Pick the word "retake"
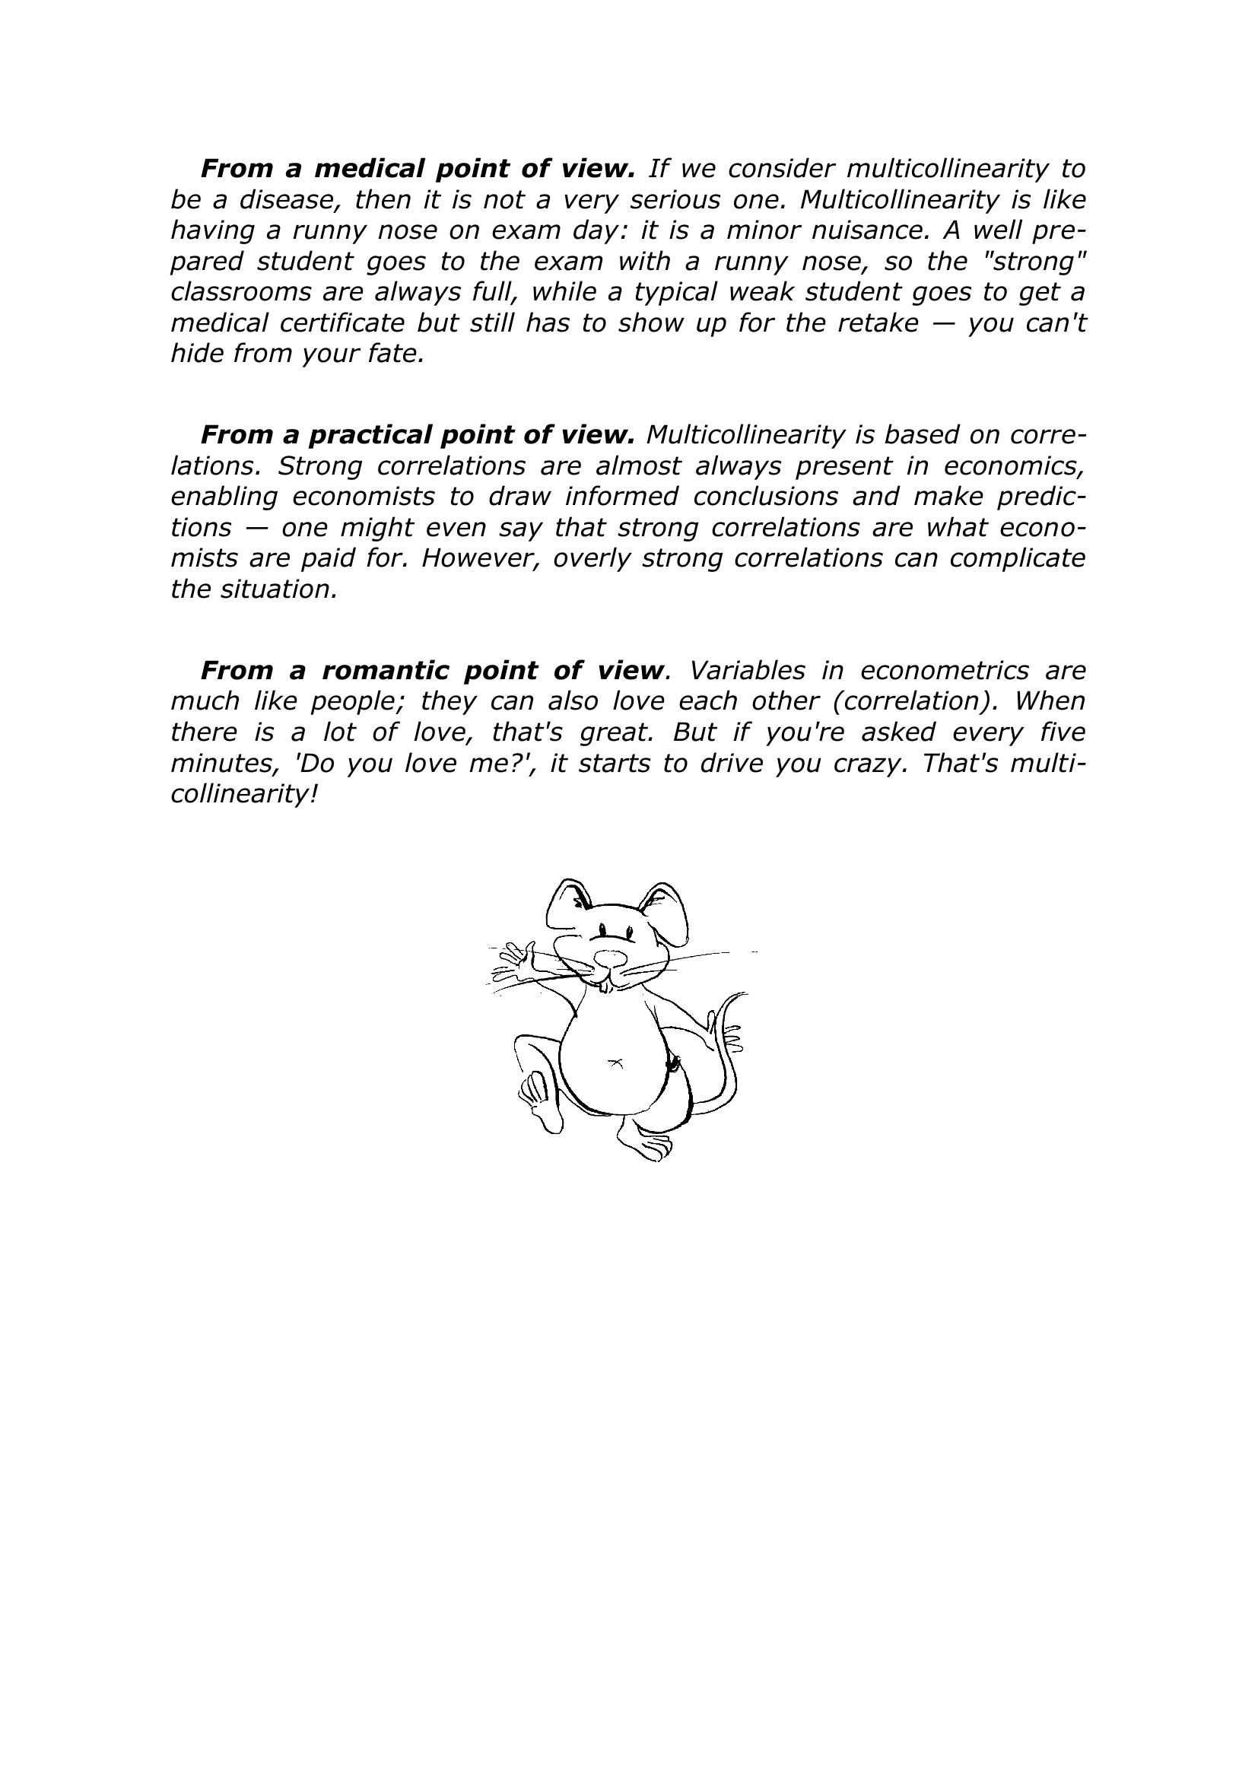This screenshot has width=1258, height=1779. tap(878, 323)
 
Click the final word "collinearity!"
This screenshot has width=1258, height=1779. tap(244, 794)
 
